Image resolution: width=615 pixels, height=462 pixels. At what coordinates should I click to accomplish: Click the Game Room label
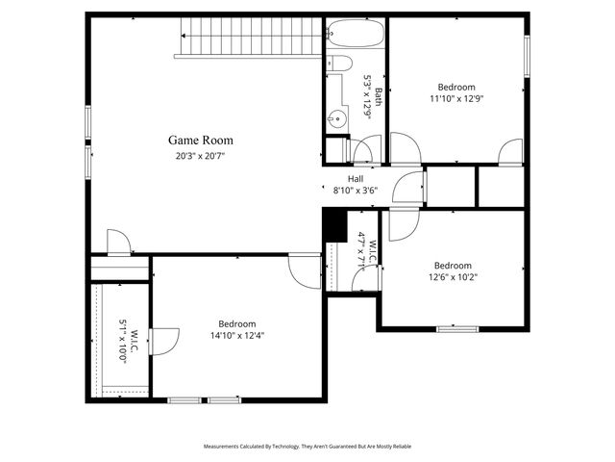pos(203,140)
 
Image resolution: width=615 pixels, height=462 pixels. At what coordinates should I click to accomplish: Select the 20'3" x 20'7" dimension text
pos(203,155)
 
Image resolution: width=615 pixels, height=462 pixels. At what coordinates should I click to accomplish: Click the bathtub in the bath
pos(356,38)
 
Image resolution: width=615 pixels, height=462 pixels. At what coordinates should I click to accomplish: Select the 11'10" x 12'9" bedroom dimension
pos(457,98)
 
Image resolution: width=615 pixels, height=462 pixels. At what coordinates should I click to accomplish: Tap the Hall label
pos(356,179)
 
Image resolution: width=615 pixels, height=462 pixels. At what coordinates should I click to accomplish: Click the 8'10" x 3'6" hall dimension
pos(356,191)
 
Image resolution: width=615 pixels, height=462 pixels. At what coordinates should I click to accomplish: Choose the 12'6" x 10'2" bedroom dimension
pos(453,277)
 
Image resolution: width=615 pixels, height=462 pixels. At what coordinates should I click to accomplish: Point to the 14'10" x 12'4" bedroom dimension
pos(236,336)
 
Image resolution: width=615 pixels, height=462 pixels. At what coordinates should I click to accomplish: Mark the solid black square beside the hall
pos(332,225)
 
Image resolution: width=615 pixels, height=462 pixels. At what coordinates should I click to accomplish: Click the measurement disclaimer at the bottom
pos(307,447)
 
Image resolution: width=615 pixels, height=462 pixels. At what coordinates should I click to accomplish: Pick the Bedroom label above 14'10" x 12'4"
pos(236,323)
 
